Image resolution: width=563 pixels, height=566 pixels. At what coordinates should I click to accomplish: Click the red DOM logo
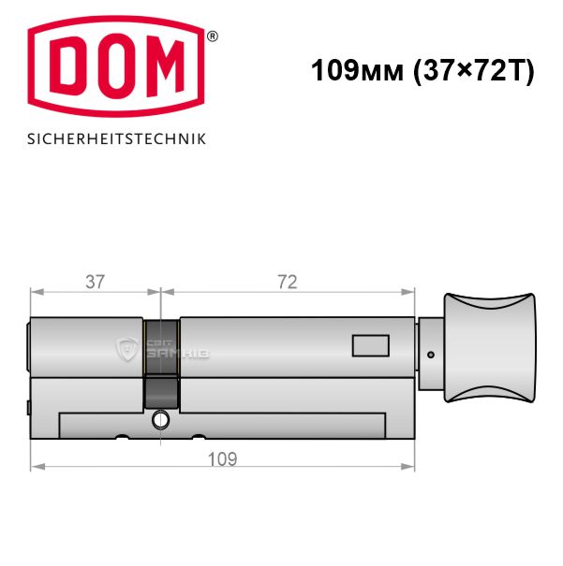[116, 66]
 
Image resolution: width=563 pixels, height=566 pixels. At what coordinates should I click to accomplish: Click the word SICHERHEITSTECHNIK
[116, 139]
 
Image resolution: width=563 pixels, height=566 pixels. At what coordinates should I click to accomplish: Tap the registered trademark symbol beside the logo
[212, 36]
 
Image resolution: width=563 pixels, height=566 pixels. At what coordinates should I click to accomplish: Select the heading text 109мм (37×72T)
[422, 70]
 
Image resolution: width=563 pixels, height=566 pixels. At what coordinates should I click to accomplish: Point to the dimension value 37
[95, 282]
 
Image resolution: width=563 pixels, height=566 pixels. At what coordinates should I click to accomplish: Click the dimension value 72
[288, 282]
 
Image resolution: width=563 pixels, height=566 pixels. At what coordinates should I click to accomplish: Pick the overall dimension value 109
[223, 459]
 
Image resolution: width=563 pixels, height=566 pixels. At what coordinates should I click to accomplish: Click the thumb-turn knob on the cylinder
[490, 348]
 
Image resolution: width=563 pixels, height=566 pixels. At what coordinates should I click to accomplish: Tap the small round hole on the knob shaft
[430, 355]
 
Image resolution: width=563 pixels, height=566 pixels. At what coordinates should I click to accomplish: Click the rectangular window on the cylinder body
[370, 346]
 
